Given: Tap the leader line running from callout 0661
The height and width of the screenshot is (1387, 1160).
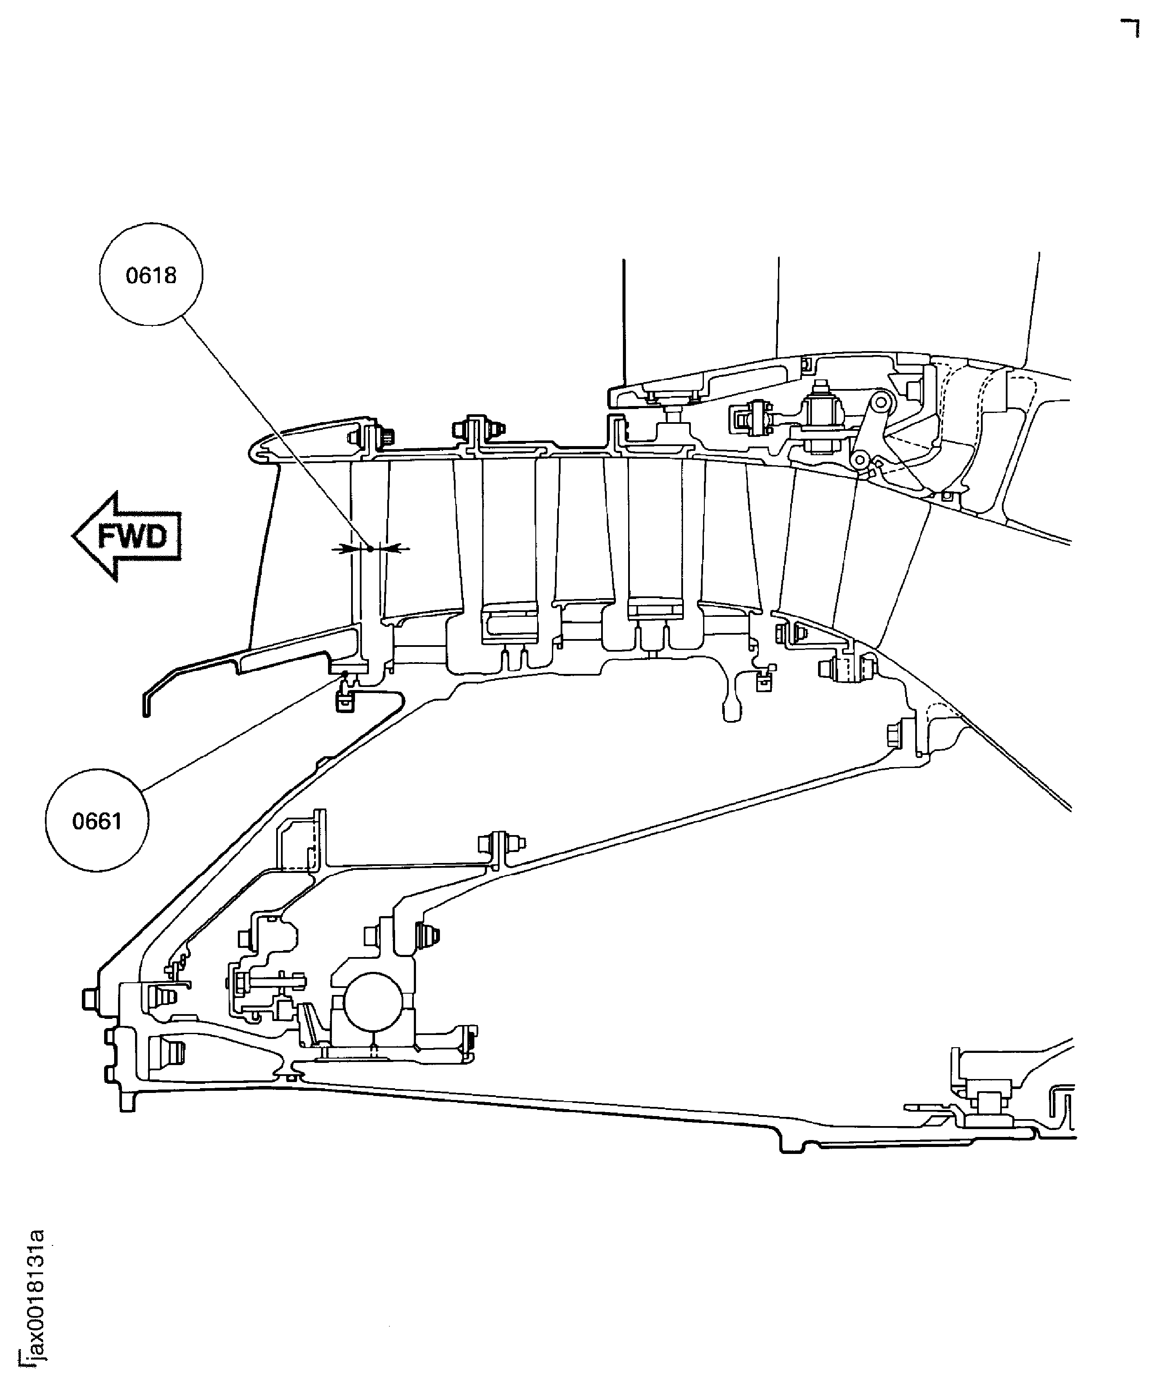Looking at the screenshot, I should [x=238, y=733].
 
